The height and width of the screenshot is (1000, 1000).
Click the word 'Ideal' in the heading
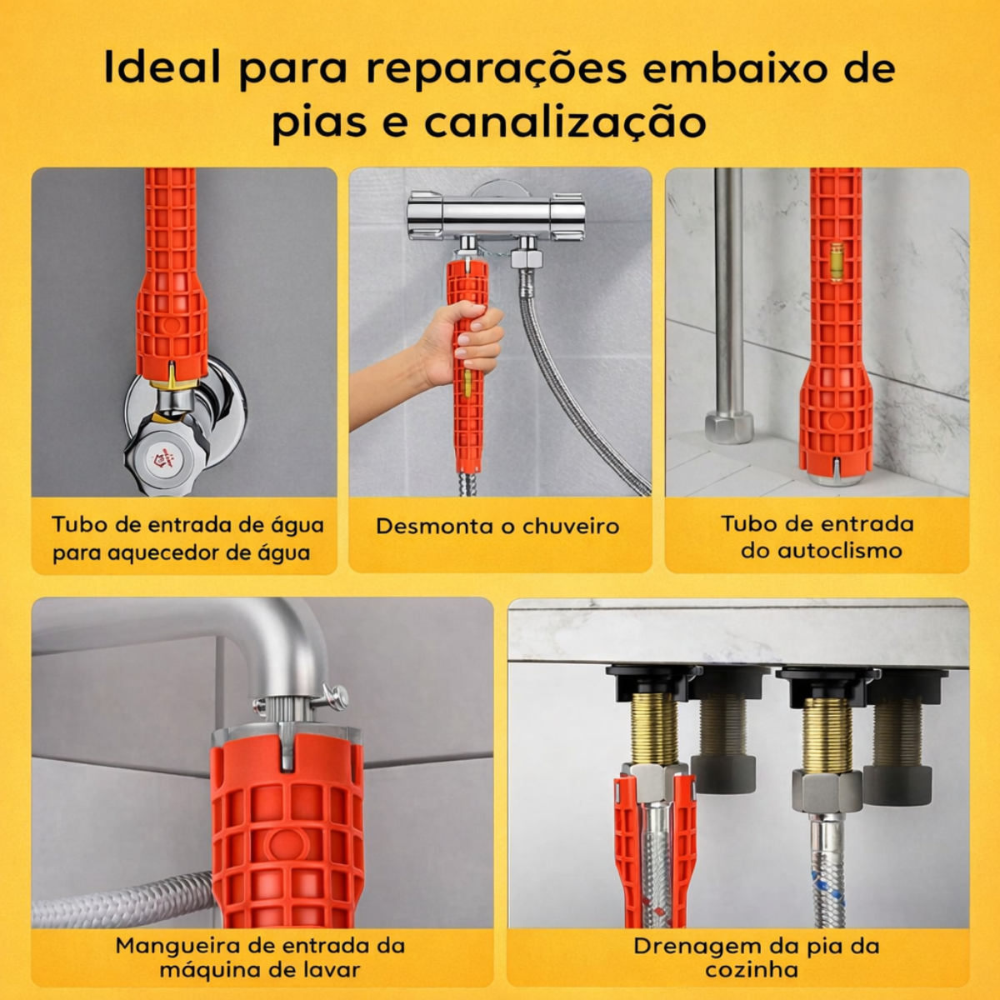162,68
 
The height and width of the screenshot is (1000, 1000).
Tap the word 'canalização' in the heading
565,122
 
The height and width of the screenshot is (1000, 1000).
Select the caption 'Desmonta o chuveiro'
497,527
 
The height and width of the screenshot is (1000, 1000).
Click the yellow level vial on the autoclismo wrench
836,260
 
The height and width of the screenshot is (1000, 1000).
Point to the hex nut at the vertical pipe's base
729,426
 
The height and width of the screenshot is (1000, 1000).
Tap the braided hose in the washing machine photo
117,900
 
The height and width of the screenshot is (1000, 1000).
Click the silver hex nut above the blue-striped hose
827,790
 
